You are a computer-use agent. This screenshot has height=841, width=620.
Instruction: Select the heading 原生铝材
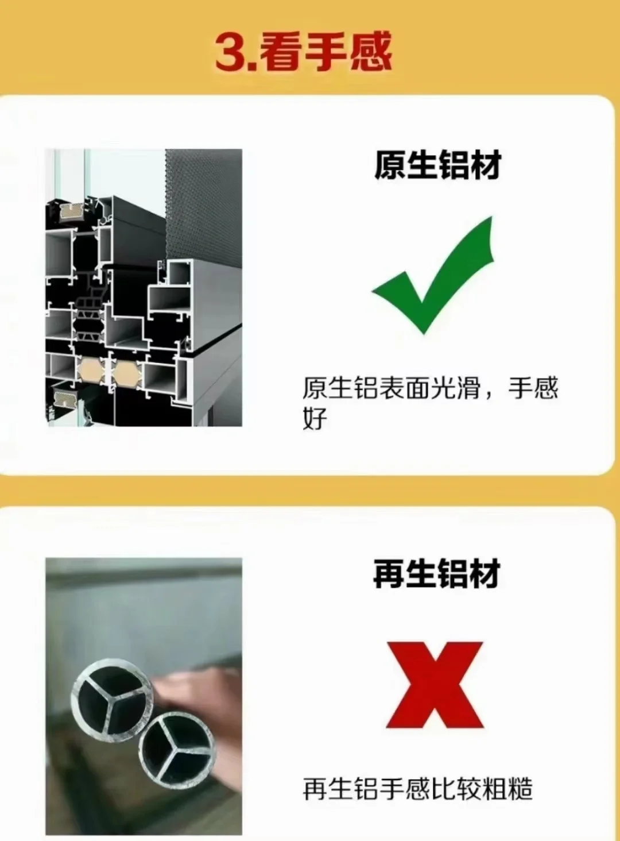click(x=437, y=165)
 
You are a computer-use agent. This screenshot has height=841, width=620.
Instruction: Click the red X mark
click(x=435, y=685)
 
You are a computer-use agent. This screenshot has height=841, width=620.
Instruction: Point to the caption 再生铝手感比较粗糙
click(x=417, y=789)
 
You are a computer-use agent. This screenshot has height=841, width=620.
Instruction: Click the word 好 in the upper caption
click(x=315, y=418)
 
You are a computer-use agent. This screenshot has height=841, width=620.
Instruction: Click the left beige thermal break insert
click(x=89, y=372)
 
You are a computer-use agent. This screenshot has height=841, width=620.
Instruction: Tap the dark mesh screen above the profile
click(x=204, y=201)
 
